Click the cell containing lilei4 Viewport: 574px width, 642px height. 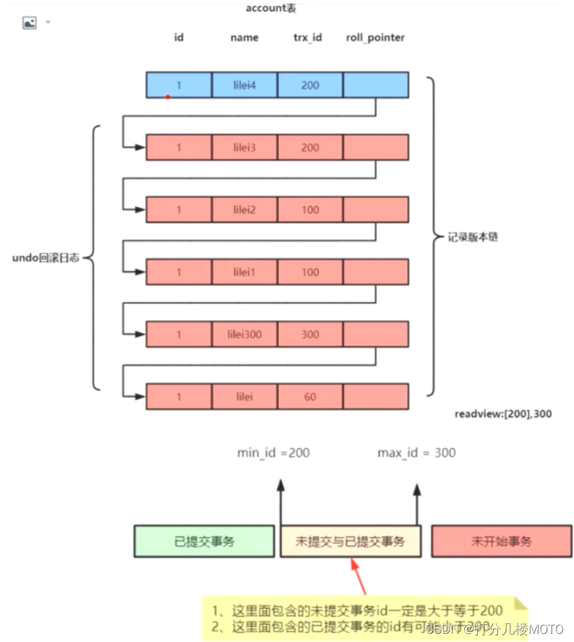pos(244,85)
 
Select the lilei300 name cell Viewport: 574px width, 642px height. pos(244,334)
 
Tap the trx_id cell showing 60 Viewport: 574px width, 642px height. pos(310,397)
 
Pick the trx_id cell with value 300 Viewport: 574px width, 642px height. pos(310,334)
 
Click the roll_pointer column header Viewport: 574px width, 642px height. pos(375,38)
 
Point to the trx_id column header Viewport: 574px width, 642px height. pos(307,38)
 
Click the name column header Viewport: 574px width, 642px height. pos(244,38)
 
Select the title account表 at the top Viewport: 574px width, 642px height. pos(271,9)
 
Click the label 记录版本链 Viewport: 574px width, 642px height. pos(473,238)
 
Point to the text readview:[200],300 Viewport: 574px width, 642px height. pos(503,413)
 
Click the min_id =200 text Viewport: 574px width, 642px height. pos(273,452)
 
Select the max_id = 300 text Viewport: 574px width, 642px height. pos(417,452)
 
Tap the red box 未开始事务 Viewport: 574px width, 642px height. pos(501,541)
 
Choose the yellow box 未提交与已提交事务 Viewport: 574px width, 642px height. pos(350,541)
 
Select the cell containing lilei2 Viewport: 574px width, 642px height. pos(244,209)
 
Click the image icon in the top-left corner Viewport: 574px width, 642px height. pos(30,23)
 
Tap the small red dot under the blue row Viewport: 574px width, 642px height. pos(168,97)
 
